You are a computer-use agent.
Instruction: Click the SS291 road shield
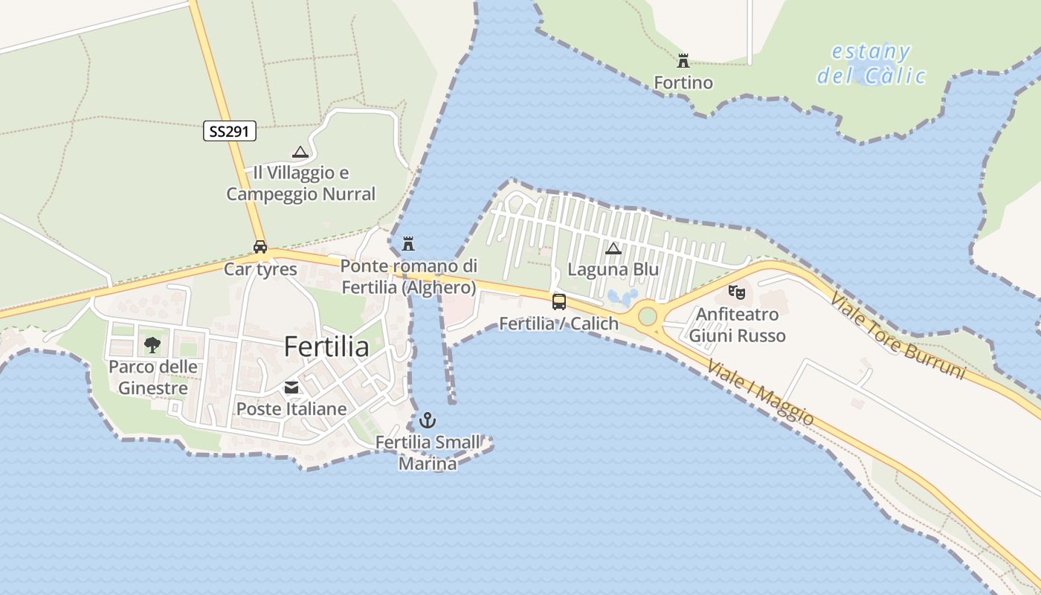230,132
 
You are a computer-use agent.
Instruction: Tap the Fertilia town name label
326,347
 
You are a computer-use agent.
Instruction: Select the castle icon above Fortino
683,61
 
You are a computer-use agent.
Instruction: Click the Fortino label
683,83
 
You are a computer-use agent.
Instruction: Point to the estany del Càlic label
871,64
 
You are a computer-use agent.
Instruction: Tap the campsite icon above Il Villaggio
300,152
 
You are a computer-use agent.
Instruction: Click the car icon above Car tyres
260,247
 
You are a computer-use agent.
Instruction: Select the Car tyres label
260,269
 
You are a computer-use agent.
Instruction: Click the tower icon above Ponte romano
408,243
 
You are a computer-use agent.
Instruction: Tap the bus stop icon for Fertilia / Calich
559,301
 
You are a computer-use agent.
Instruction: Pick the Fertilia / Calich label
558,324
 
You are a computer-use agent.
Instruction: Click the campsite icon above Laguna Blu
613,248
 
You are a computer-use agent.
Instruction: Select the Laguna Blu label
613,269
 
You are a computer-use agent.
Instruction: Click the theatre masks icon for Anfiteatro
736,292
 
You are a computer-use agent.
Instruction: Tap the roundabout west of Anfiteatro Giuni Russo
648,316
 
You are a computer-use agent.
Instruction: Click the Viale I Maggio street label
760,393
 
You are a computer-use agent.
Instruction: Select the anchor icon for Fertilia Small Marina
428,420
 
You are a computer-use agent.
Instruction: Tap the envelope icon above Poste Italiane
291,387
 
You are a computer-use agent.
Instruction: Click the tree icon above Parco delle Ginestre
152,344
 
